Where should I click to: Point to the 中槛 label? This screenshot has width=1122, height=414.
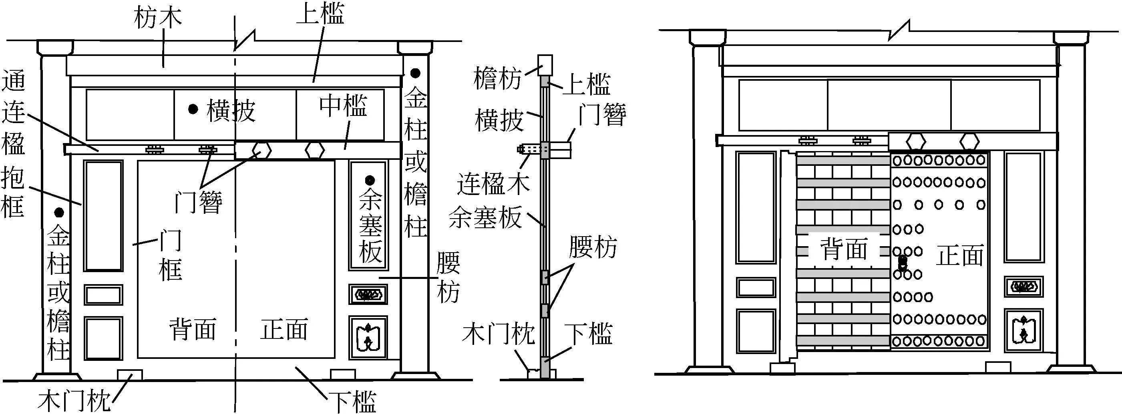(343, 105)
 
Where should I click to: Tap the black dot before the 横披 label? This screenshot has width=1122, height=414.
(193, 109)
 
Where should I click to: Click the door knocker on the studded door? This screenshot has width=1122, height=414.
(903, 263)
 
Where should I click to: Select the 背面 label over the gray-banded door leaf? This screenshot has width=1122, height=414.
(844, 249)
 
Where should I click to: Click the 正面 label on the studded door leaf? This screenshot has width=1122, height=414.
(959, 256)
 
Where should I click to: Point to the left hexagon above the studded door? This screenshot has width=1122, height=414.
(916, 142)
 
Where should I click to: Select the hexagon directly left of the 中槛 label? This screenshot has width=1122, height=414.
(314, 151)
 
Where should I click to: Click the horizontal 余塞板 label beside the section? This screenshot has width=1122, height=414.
(485, 217)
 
